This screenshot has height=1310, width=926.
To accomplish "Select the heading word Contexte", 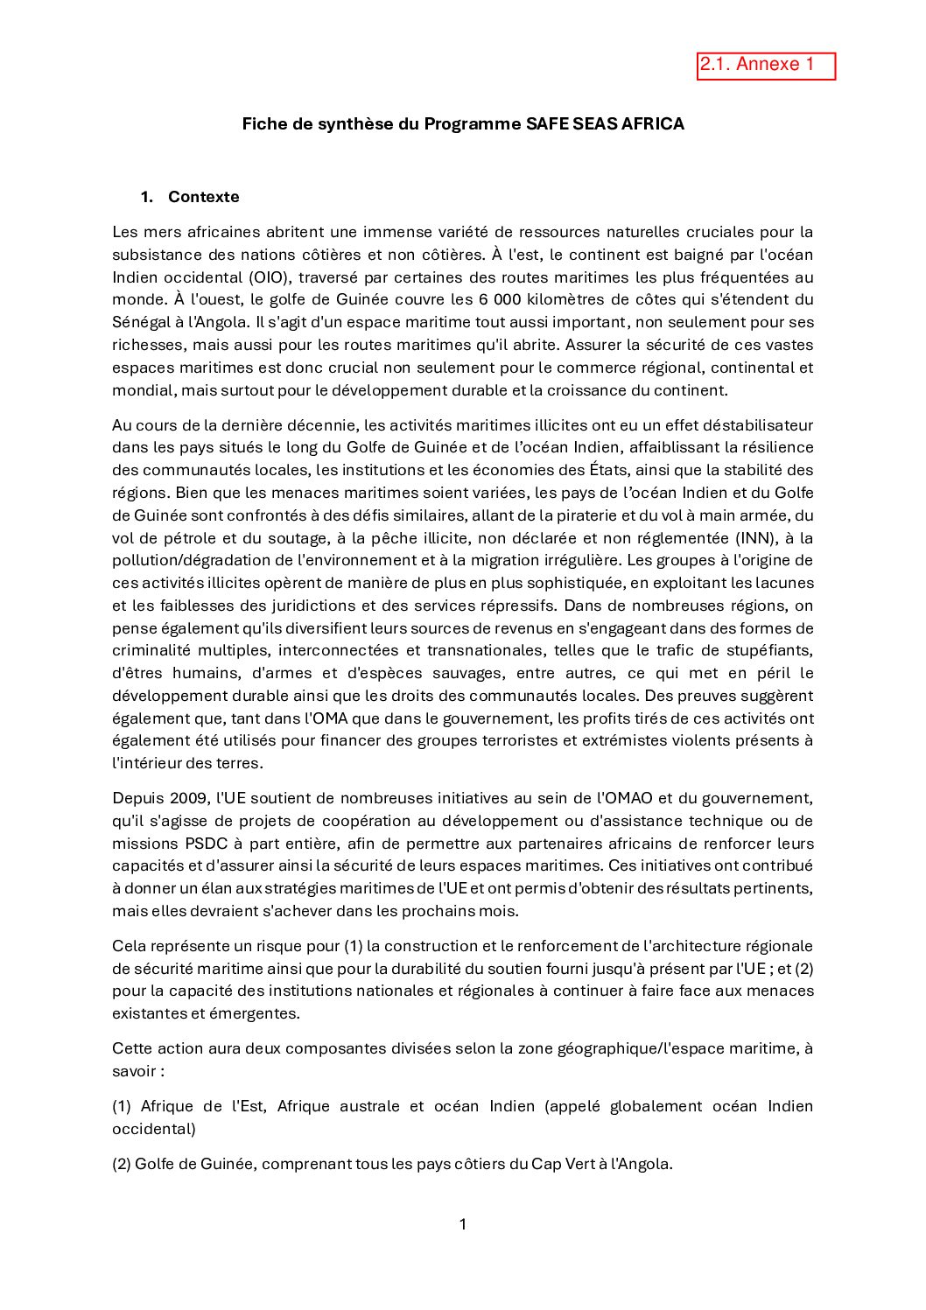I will pyautogui.click(x=203, y=197).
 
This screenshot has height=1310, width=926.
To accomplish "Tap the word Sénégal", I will pyautogui.click(x=141, y=323).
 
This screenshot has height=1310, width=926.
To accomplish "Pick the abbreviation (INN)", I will pyautogui.click(x=755, y=538).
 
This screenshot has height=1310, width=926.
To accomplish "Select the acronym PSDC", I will pyautogui.click(x=207, y=844).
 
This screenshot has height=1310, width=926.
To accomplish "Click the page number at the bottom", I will pyautogui.click(x=463, y=1224).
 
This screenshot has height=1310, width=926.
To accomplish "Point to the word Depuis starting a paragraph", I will pyautogui.click(x=137, y=798).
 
